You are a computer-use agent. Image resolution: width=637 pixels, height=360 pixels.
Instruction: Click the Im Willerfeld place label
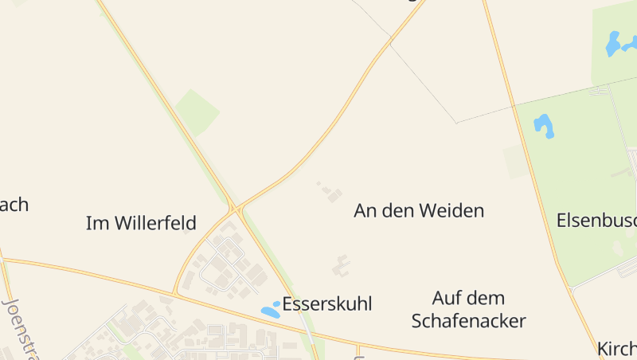point(141,223)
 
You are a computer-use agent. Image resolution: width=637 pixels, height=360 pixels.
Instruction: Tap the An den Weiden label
point(419,211)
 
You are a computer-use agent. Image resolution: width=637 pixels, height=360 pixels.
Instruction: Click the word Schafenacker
point(468,321)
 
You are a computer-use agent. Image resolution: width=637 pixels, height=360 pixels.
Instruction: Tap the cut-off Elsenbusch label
point(596,220)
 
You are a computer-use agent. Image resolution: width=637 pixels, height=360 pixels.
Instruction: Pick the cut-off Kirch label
point(617,349)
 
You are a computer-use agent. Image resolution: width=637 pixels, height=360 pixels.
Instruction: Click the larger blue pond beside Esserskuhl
point(270,313)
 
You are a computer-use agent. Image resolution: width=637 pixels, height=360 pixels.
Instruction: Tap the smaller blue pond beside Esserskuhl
point(276,303)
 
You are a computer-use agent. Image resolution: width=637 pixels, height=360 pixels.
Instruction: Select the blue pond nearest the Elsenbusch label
point(545,125)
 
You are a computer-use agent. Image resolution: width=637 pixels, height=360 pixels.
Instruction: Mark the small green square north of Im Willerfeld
point(197,112)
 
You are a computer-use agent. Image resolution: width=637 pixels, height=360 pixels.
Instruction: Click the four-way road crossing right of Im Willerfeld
point(236,209)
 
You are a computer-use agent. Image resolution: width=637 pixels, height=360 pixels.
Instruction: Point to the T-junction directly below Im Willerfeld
point(174,294)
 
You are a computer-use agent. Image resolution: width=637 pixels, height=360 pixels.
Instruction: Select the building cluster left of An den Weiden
point(330,192)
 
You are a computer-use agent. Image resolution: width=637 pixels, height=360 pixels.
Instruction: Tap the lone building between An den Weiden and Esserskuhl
point(342,265)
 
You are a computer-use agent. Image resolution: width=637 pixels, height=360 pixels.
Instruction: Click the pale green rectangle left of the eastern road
point(516,162)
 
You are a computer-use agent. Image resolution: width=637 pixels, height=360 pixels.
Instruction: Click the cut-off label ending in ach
point(14,205)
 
